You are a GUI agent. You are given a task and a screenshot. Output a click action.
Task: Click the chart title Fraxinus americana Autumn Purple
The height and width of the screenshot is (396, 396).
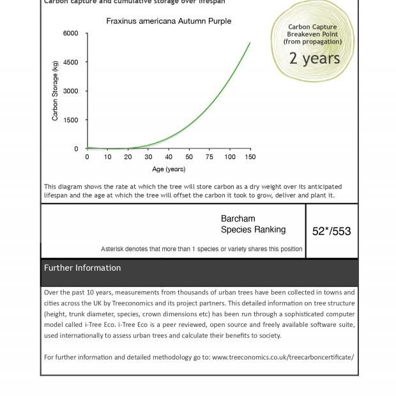tap(169, 21)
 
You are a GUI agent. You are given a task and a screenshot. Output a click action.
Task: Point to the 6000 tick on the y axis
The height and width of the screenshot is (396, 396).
tap(70, 33)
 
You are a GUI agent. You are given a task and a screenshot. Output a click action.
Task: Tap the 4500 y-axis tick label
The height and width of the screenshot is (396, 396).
tap(70, 63)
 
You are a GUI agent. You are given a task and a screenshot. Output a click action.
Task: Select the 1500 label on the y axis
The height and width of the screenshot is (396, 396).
tap(70, 120)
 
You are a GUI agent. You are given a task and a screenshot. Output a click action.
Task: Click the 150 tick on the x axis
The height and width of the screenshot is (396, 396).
tap(250, 156)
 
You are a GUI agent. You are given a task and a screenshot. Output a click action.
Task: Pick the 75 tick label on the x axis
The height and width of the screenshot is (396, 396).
tap(209, 156)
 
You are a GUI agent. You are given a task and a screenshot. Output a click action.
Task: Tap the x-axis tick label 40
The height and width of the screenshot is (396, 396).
tap(169, 156)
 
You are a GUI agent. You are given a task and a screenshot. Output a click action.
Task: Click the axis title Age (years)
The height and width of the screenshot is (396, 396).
tap(169, 169)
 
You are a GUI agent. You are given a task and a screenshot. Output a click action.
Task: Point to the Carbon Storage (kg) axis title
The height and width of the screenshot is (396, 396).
tap(56, 91)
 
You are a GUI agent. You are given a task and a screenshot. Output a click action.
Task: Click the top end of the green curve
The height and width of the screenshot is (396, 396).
tap(250, 43)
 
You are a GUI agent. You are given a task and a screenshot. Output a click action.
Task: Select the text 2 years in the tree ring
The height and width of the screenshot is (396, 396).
tap(314, 59)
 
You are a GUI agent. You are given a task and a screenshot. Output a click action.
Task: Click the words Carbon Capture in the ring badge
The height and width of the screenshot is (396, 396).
tap(312, 27)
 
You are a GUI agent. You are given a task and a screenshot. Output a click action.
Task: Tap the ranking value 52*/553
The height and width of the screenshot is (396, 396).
tap(331, 231)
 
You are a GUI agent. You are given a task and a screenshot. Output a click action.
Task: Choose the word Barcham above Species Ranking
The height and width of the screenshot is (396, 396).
tap(238, 218)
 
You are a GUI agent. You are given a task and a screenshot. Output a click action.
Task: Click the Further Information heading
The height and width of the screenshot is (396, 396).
tap(82, 268)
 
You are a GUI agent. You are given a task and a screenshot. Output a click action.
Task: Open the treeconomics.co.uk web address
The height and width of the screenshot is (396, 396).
tap(282, 357)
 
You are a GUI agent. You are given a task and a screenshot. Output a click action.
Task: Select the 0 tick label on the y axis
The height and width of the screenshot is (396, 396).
tap(76, 149)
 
